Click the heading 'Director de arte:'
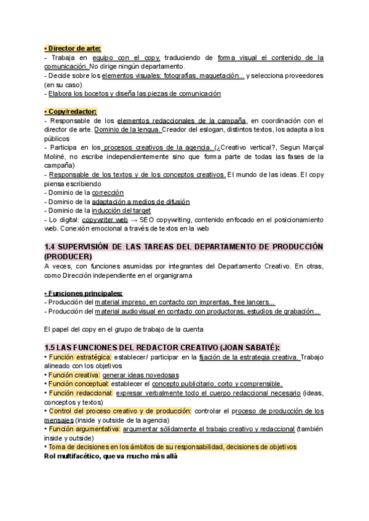(x=73, y=49)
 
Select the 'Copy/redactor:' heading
(x=71, y=111)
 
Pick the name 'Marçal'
(x=310, y=147)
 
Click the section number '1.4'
(x=51, y=247)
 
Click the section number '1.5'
(x=51, y=347)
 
